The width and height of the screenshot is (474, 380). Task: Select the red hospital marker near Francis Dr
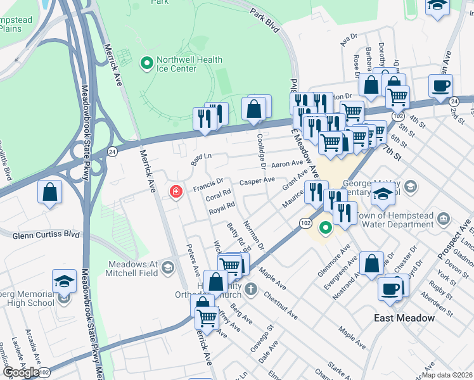174,191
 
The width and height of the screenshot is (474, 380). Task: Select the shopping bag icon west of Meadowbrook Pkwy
50,192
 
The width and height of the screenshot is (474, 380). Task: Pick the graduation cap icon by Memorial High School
64,280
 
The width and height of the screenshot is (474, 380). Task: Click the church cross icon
251,291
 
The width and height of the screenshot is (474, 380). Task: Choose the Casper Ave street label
257,180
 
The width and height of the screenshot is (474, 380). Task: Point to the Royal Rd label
222,207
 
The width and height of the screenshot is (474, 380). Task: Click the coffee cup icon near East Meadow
390,288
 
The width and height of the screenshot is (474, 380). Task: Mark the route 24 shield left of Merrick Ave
112,151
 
